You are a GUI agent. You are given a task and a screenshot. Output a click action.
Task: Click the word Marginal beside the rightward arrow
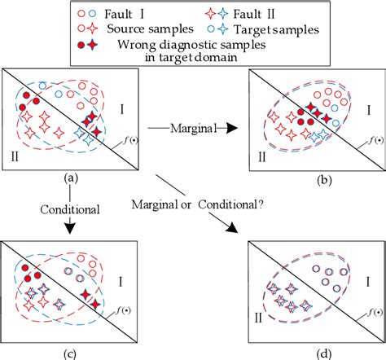pyautogui.click(x=190, y=127)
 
